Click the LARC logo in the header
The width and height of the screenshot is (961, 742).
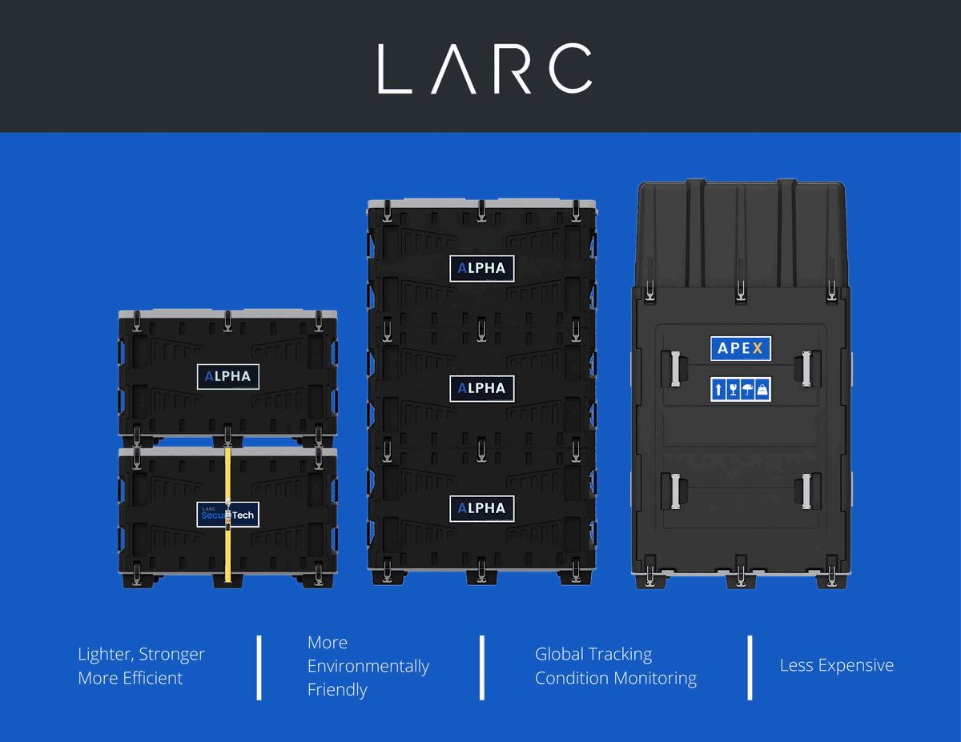(x=485, y=68)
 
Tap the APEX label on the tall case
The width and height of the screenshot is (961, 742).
(x=741, y=349)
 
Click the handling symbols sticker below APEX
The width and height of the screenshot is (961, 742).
(x=741, y=389)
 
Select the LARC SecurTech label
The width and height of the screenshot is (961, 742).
(x=228, y=514)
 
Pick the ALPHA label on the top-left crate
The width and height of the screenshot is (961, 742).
(x=228, y=376)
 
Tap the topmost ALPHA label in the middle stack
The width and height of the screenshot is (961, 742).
(x=481, y=268)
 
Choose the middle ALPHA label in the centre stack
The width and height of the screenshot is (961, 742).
(x=481, y=388)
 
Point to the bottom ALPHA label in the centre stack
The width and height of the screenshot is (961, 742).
(x=481, y=508)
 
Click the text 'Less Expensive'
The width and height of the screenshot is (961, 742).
(x=836, y=665)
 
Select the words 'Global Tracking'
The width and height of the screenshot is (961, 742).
(x=593, y=654)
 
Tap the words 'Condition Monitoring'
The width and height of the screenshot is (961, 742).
(x=615, y=678)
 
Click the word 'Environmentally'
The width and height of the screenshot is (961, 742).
(x=368, y=666)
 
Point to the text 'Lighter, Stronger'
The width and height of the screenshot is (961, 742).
(x=141, y=654)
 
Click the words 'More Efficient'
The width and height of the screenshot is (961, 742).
(x=131, y=678)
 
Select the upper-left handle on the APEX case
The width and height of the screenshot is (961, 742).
(x=674, y=368)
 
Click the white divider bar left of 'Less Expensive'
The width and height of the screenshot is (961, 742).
(x=750, y=668)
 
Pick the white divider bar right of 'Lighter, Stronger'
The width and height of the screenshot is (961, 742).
(x=259, y=668)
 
